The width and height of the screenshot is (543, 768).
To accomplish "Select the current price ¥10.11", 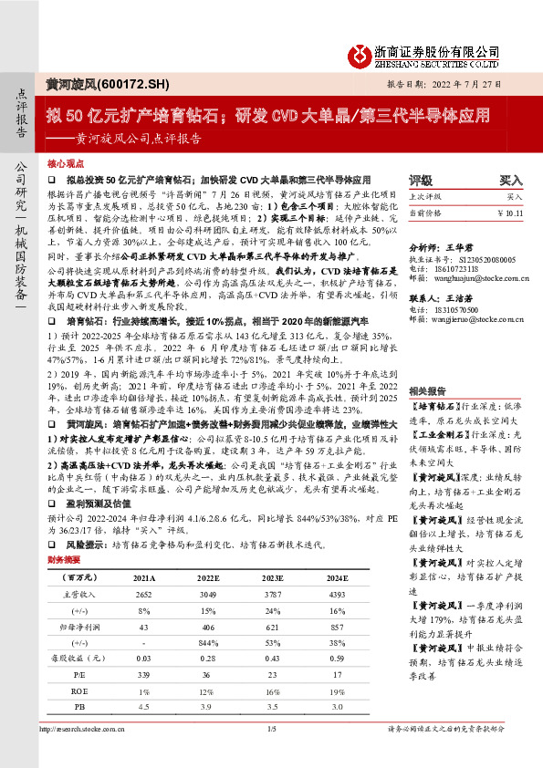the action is click(510, 213).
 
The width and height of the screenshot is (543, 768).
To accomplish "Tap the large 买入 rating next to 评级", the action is click(511, 181).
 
